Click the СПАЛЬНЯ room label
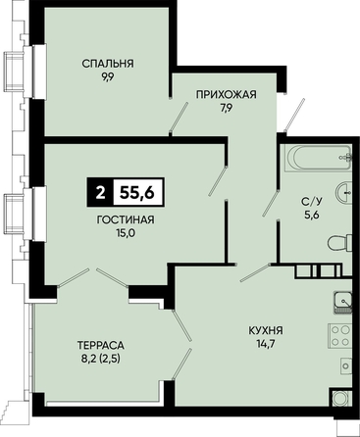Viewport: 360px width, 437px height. click(x=108, y=64)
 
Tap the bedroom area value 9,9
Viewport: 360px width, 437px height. click(x=107, y=77)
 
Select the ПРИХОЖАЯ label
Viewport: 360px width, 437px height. click(x=227, y=95)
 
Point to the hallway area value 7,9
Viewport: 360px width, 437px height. click(x=226, y=109)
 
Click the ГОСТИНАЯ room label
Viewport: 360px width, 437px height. click(x=126, y=219)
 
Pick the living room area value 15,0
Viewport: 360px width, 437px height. click(x=126, y=233)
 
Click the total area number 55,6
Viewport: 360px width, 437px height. click(x=137, y=193)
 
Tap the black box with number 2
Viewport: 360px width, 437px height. click(x=100, y=193)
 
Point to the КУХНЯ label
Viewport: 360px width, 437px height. click(x=266, y=330)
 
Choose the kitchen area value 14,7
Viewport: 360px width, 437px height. click(x=266, y=344)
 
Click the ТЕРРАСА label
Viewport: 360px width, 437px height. click(x=101, y=345)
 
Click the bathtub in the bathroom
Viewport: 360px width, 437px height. click(x=318, y=159)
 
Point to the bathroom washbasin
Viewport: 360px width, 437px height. click(x=344, y=194)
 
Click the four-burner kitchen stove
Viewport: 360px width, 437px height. click(x=340, y=336)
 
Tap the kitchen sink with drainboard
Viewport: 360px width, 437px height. click(x=343, y=303)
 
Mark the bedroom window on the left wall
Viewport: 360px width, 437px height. click(x=35, y=71)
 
